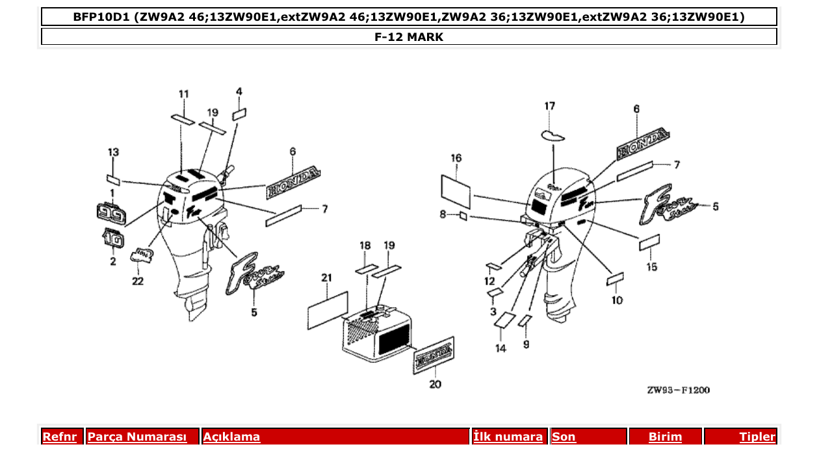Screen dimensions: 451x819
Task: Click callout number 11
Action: [x=184, y=94]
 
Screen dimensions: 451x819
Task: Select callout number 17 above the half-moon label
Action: [x=550, y=106]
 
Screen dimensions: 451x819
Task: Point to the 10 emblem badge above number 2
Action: [x=112, y=239]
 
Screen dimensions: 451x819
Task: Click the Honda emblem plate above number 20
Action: [x=434, y=354]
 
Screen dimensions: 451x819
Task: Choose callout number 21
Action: [x=326, y=278]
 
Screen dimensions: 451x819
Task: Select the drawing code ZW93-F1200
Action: [x=678, y=391]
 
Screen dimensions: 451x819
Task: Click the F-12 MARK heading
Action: [x=409, y=37]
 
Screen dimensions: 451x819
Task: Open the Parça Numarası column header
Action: [x=137, y=437]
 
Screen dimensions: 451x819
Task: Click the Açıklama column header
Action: [x=232, y=437]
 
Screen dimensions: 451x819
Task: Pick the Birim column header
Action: [x=666, y=437]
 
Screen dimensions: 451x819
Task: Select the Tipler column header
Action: [x=757, y=437]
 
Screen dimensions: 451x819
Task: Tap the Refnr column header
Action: [x=59, y=437]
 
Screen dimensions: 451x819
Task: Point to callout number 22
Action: [x=138, y=281]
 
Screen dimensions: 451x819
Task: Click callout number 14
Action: [x=500, y=349]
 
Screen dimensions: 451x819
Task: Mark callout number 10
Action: [x=617, y=300]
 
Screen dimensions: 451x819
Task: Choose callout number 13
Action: [x=113, y=152]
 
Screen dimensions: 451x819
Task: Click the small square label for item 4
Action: [x=239, y=114]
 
